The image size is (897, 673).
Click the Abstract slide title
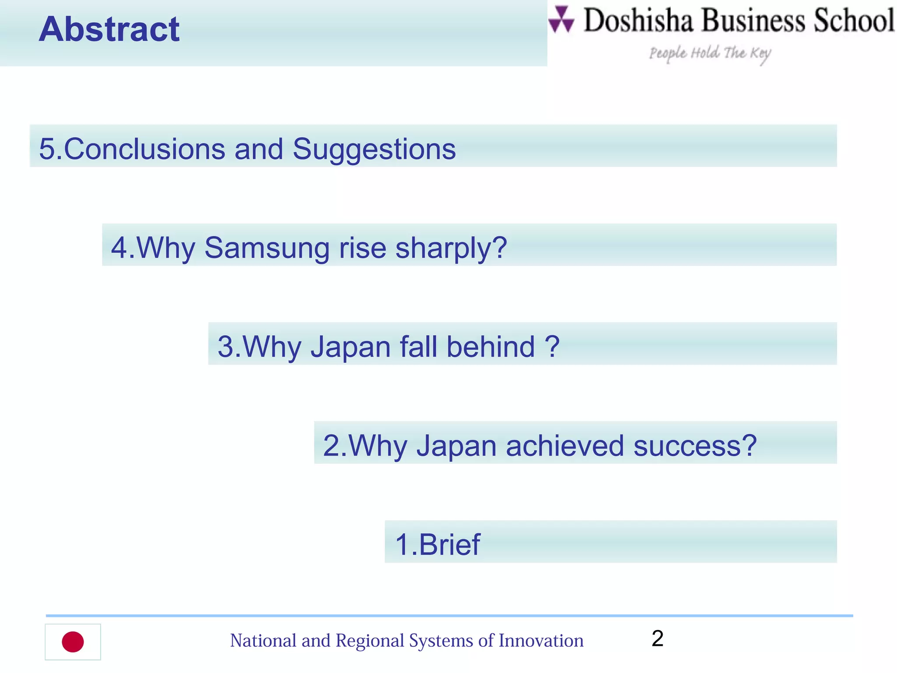tap(109, 29)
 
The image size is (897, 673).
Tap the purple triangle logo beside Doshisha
tap(561, 20)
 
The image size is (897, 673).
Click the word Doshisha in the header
tap(638, 21)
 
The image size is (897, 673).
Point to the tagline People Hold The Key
tap(710, 53)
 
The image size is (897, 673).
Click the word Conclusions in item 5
tap(145, 149)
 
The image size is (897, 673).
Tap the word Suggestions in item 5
tap(374, 149)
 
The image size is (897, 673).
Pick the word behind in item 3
tap(491, 347)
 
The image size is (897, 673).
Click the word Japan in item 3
tap(350, 347)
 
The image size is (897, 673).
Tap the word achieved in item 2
tap(565, 446)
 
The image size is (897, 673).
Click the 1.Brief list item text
tap(437, 545)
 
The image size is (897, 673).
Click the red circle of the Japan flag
tap(73, 642)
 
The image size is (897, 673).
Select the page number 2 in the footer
tap(657, 638)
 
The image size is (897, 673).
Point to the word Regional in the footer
tap(370, 641)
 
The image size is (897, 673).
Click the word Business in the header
tap(753, 21)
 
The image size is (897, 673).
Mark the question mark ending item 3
tap(552, 347)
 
